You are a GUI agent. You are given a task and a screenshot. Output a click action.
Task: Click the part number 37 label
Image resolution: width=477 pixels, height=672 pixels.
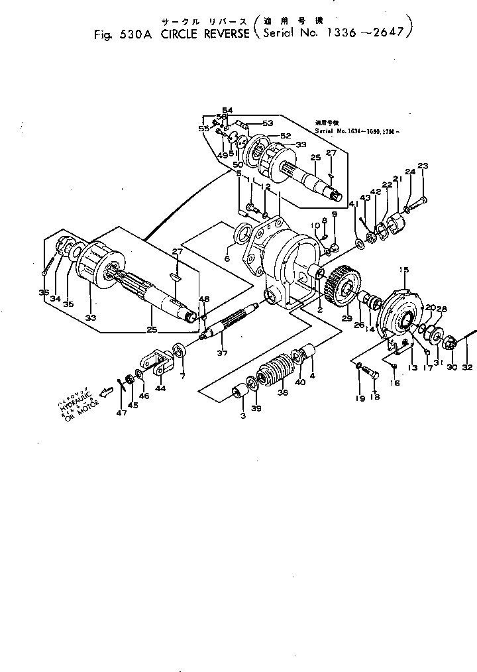(x=222, y=353)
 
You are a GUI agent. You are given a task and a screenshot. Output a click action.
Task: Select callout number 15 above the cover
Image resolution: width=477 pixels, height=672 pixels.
(x=403, y=268)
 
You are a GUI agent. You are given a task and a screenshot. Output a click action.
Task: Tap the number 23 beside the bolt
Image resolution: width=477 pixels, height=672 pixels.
(x=423, y=166)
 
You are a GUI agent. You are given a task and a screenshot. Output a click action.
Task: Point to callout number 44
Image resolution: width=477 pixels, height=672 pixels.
(x=160, y=388)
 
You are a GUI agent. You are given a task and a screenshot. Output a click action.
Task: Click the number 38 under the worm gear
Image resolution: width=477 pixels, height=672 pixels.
(x=283, y=392)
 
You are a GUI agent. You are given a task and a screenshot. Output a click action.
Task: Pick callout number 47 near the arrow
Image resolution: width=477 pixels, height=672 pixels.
(x=121, y=412)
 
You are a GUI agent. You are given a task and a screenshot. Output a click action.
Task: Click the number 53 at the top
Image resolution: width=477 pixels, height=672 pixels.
(x=267, y=123)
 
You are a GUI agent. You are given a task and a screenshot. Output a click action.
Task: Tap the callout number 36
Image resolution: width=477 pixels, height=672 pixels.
(x=44, y=292)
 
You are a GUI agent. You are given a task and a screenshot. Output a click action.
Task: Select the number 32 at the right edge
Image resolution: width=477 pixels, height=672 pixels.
(x=467, y=366)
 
